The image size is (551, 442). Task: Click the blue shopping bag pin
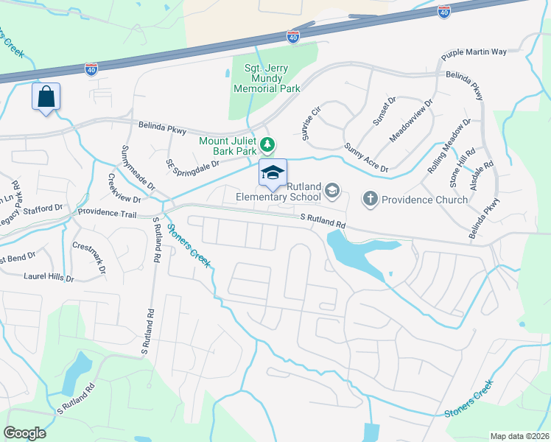[46, 97]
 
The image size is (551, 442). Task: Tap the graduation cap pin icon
[272, 173]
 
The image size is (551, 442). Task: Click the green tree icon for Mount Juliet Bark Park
[270, 143]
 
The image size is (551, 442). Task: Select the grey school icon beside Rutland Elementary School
[332, 192]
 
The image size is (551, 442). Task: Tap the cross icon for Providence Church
[370, 199]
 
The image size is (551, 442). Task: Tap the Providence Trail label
[108, 213]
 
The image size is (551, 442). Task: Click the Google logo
[24, 432]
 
